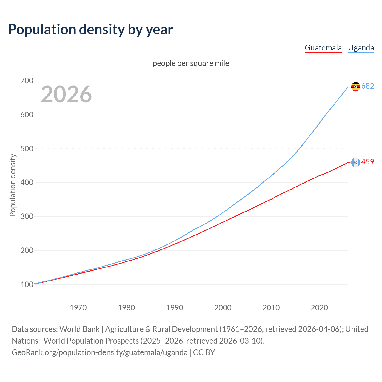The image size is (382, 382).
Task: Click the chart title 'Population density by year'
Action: (x=90, y=30)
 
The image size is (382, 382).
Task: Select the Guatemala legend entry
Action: (x=323, y=48)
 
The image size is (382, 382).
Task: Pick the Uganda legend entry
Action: (x=361, y=48)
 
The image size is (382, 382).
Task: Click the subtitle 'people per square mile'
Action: (x=191, y=63)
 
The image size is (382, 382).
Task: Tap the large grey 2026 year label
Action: (x=66, y=94)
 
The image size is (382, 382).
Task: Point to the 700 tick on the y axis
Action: (x=27, y=81)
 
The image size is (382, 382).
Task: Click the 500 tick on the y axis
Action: (x=27, y=149)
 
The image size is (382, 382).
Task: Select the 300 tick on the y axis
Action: (x=27, y=216)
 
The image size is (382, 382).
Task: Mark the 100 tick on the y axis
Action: (x=27, y=284)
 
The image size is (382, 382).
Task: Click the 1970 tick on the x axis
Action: (x=78, y=308)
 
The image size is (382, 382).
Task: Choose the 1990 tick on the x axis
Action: (x=175, y=308)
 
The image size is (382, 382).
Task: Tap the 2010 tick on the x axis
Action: (x=271, y=308)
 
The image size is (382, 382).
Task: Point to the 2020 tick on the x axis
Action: (x=319, y=308)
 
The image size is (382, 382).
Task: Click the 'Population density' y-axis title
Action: (x=13, y=185)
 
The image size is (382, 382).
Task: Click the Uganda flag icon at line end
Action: (x=355, y=87)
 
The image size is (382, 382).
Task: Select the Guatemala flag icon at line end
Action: (x=355, y=162)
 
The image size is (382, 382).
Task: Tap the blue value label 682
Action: (x=368, y=86)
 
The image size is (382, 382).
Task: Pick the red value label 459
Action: (x=368, y=162)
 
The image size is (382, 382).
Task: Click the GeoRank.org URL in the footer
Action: (x=99, y=352)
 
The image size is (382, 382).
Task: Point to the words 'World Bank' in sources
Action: (x=79, y=329)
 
